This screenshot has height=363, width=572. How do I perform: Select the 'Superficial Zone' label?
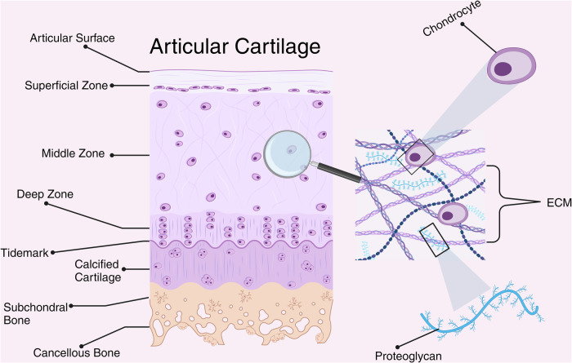(x=66, y=85)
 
